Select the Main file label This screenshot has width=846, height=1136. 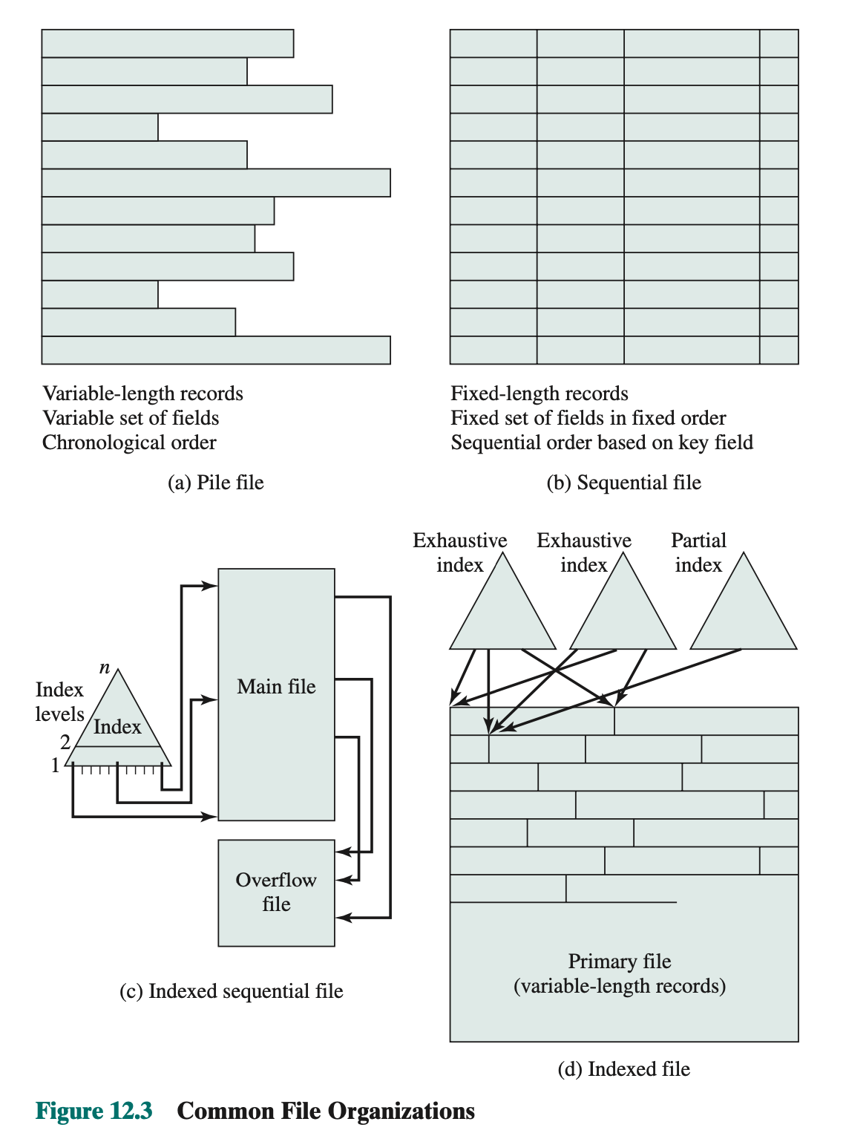pyautogui.click(x=276, y=687)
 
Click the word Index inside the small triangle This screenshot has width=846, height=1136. pyautogui.click(x=117, y=727)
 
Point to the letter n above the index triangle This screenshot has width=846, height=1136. pyautogui.click(x=105, y=668)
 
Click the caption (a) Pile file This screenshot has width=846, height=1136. pyautogui.click(x=215, y=483)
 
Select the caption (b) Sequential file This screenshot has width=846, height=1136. pyautogui.click(x=623, y=483)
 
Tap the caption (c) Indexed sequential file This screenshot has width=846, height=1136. pyautogui.click(x=231, y=991)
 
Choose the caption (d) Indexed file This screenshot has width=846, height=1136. pyautogui.click(x=623, y=1069)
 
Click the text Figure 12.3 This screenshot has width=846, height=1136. pyautogui.click(x=94, y=1111)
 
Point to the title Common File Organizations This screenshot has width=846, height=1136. pyautogui.click(x=326, y=1111)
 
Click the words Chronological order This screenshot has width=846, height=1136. pyautogui.click(x=129, y=443)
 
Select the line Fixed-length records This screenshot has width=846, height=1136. pyautogui.click(x=540, y=394)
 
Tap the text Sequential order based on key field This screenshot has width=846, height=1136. pyautogui.click(x=602, y=443)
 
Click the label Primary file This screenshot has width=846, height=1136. pyautogui.click(x=620, y=962)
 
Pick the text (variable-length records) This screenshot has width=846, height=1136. pyautogui.click(x=620, y=986)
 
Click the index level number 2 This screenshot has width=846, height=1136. pyautogui.click(x=65, y=742)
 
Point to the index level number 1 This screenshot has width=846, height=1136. pyautogui.click(x=55, y=766)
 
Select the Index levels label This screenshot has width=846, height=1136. pyautogui.click(x=59, y=702)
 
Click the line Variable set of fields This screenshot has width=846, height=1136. pyautogui.click(x=131, y=418)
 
